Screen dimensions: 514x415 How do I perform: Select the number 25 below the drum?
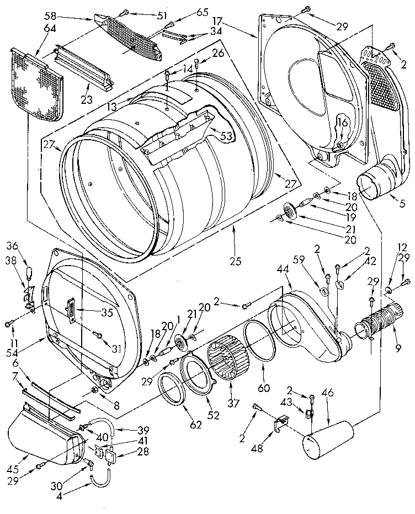click(236, 262)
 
